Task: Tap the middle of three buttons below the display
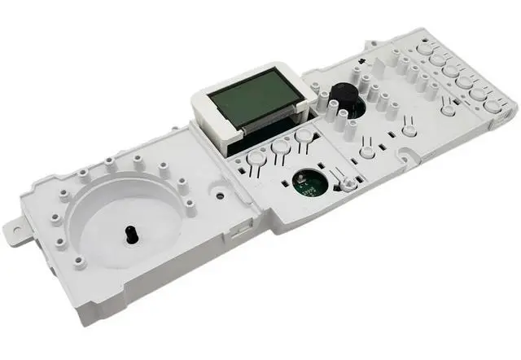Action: click(x=282, y=147)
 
